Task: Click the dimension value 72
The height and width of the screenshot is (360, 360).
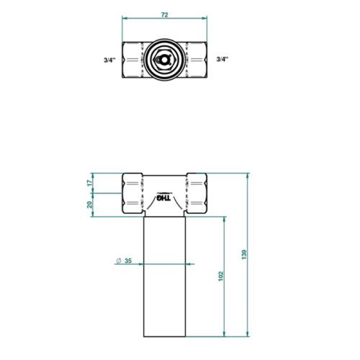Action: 165,13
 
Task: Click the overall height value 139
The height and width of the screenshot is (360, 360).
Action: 244,254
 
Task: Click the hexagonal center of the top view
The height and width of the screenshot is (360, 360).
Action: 165,58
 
